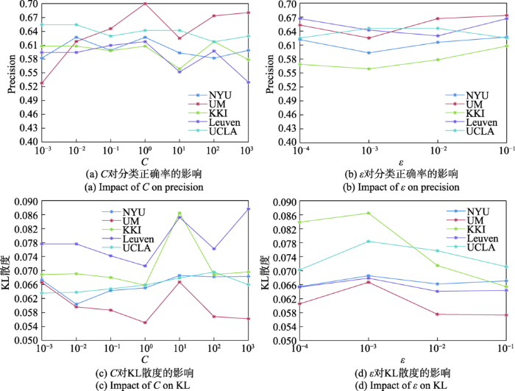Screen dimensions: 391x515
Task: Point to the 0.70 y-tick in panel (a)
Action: coord(28,4)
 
